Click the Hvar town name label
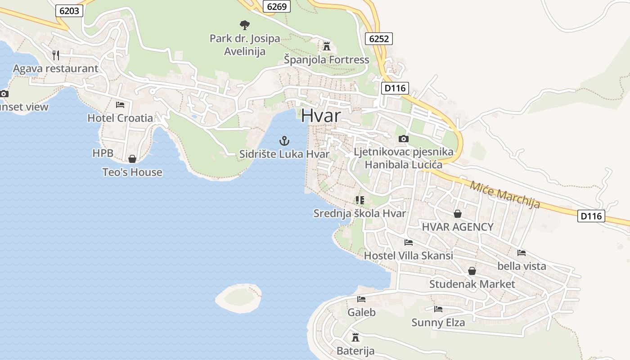click(321, 115)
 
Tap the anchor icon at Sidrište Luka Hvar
click(284, 141)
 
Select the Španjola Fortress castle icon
click(326, 46)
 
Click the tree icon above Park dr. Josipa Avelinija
click(244, 25)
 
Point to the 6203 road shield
click(69, 11)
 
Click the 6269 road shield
click(277, 6)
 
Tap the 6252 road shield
click(378, 39)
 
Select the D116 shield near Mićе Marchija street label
click(591, 216)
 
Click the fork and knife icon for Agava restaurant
click(56, 55)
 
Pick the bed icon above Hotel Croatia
click(120, 105)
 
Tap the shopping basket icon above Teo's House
click(132, 159)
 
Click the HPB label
click(103, 153)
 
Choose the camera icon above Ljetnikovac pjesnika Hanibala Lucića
click(404, 139)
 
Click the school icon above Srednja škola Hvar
click(360, 200)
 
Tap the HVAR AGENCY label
click(458, 227)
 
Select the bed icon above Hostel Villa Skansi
click(409, 242)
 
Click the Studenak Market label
click(472, 284)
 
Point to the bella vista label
click(522, 266)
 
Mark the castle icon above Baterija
click(355, 337)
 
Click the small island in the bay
click(238, 298)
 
